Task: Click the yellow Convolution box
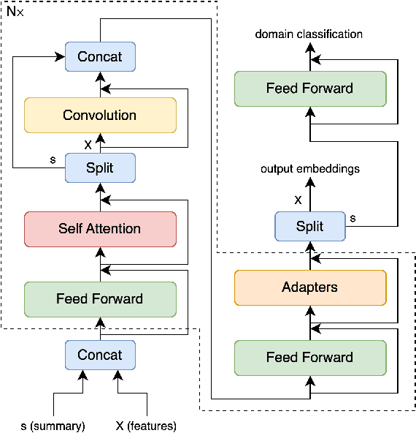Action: (100, 116)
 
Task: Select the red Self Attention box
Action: (100, 229)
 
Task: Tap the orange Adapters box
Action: (309, 287)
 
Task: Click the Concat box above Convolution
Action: (100, 56)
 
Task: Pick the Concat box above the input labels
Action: (100, 355)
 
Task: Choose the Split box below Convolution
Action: (100, 167)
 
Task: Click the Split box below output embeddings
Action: (309, 225)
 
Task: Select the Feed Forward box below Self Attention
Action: (100, 298)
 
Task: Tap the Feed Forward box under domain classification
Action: (309, 89)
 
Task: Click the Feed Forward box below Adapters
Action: (309, 358)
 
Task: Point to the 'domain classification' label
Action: (309, 34)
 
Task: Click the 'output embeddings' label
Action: (309, 169)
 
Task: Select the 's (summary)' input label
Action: (52, 425)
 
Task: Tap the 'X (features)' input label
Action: (146, 425)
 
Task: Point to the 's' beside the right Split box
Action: (354, 218)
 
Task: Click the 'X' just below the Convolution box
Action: (88, 144)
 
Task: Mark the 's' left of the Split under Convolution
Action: (52, 159)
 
